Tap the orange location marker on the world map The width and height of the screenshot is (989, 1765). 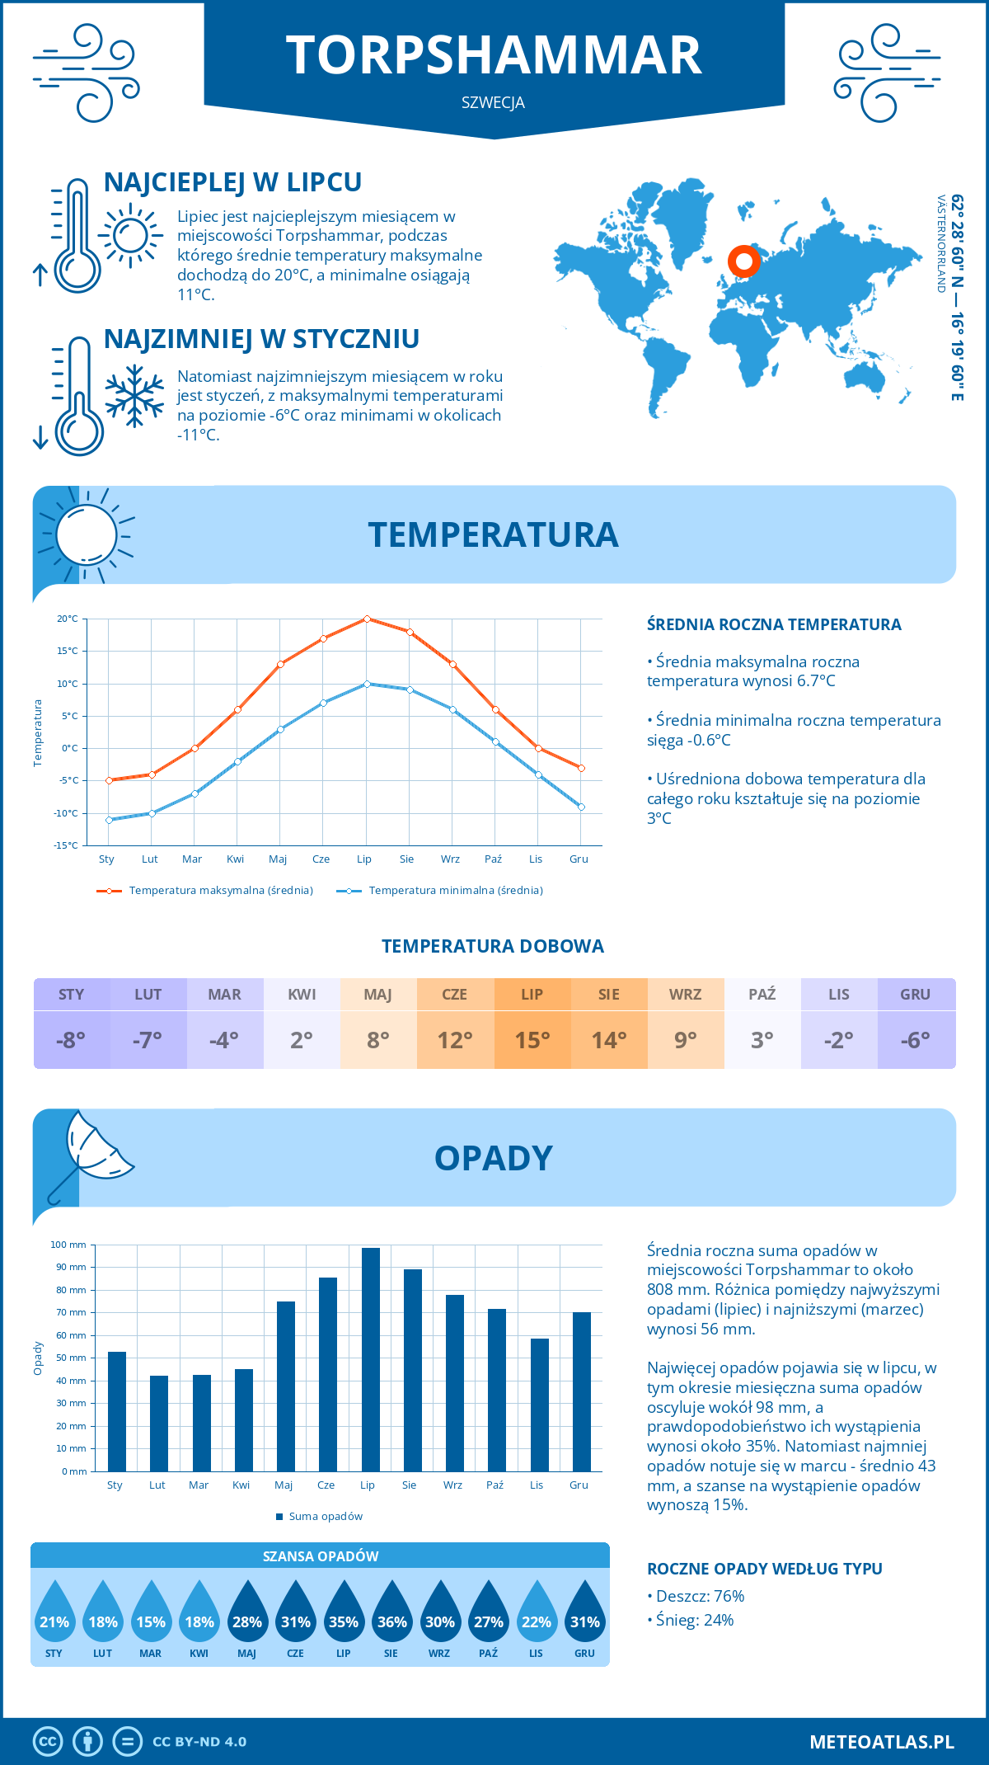click(743, 261)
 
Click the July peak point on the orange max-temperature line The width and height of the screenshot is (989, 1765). click(367, 619)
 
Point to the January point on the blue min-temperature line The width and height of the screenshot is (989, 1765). click(109, 820)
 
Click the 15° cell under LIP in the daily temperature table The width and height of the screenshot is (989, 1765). click(532, 1040)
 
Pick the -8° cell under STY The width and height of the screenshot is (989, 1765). click(71, 1040)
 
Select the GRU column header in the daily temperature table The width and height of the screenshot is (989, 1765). click(915, 995)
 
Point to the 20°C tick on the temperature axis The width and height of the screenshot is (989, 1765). click(68, 619)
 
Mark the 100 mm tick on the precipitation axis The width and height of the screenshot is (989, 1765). click(68, 1245)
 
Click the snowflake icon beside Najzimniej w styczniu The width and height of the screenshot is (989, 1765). click(134, 396)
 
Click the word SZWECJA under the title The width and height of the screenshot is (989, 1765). click(493, 103)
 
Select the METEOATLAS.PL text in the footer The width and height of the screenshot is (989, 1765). click(881, 1742)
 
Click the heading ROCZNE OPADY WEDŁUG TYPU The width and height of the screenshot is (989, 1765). click(764, 1569)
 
